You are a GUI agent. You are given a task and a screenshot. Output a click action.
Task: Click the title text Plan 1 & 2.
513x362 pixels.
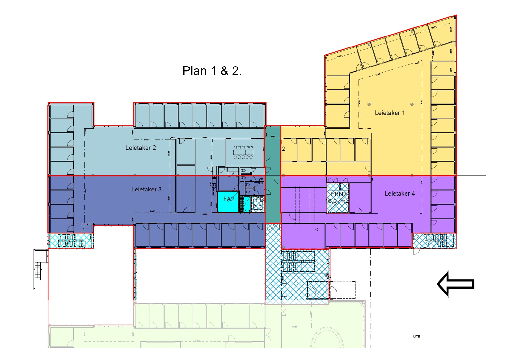click(212, 71)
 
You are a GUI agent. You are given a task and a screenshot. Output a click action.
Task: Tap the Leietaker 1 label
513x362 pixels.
click(389, 113)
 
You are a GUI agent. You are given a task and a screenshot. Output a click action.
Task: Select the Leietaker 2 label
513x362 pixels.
click(140, 148)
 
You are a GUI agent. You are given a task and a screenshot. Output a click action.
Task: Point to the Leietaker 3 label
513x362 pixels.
click(146, 190)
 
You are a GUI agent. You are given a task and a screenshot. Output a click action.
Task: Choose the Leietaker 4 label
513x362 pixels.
click(399, 194)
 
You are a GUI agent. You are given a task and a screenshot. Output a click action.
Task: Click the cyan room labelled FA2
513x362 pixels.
click(228, 202)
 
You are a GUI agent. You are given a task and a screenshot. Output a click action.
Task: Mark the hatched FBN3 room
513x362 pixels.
click(338, 198)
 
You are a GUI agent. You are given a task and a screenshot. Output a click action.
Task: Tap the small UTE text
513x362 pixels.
click(417, 336)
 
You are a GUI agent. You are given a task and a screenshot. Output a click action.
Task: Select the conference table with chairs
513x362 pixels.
click(243, 152)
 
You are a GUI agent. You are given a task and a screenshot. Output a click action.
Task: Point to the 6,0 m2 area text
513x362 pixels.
click(338, 201)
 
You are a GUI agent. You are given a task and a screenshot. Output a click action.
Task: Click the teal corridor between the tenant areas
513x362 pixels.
click(273, 174)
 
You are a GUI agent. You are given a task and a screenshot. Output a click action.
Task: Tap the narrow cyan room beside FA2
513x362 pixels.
click(247, 204)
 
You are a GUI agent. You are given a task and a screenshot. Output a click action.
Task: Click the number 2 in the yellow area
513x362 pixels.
click(283, 149)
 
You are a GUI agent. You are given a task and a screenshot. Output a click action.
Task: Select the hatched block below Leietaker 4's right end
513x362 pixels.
click(434, 241)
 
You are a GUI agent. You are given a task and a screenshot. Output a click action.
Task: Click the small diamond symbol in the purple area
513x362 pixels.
click(317, 229)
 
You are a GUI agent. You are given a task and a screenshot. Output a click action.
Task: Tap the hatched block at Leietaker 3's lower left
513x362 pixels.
click(71, 241)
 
